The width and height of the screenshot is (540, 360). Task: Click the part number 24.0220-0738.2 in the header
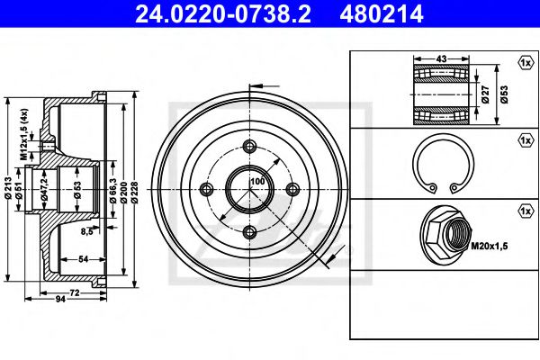(x=223, y=13)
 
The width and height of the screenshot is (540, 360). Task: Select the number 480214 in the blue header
(x=382, y=13)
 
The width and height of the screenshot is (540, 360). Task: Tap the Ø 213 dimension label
(x=9, y=188)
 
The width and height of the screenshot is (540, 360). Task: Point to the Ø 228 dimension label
(x=134, y=193)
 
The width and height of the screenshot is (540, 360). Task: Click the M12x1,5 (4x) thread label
(x=23, y=134)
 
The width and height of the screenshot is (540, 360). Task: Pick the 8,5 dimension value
(x=87, y=231)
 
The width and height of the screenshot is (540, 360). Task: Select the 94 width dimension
(x=60, y=299)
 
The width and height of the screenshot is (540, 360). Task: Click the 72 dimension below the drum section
(x=75, y=292)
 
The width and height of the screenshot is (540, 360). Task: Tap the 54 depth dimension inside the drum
(x=84, y=259)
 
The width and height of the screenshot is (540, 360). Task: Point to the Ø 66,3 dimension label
(x=112, y=190)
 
